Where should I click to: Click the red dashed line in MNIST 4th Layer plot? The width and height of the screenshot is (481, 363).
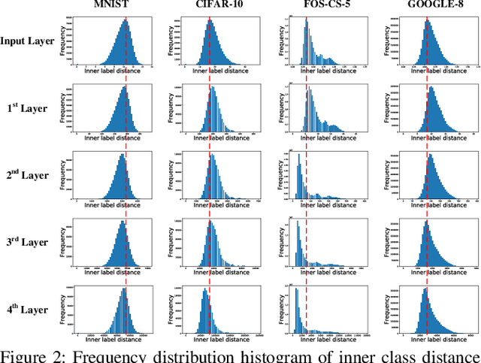tap(126, 309)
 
